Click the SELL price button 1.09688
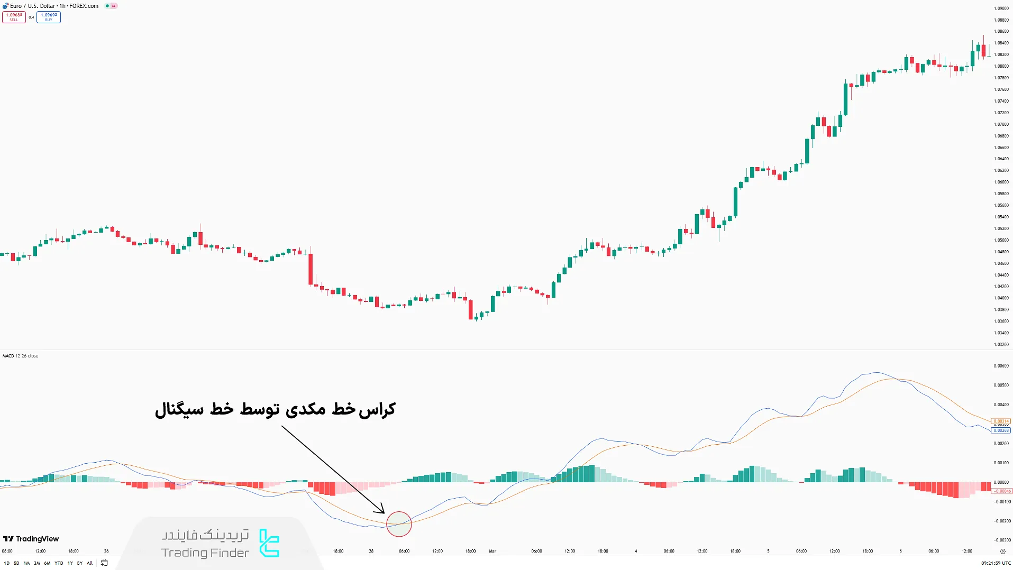tap(14, 17)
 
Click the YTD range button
tap(59, 563)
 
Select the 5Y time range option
tap(80, 563)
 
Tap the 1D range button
tap(6, 563)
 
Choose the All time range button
tap(90, 563)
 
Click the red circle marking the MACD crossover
tap(399, 524)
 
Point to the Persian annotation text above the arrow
tap(275, 410)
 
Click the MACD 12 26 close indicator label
tap(20, 356)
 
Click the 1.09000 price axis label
tap(1001, 8)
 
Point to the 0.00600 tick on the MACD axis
tap(1001, 366)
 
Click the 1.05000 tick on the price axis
tap(1001, 240)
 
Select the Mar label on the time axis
tap(492, 551)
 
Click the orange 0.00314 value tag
tap(1001, 421)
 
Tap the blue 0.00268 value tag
tap(1001, 430)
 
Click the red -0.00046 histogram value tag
tap(1002, 491)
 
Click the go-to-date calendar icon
tap(104, 563)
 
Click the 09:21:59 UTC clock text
tap(996, 563)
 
